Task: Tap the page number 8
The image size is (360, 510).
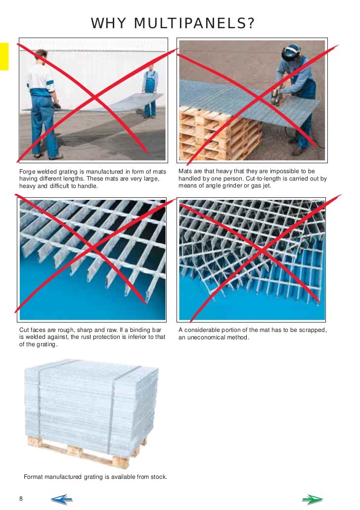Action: [x=21, y=498]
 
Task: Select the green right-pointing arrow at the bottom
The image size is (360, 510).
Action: [x=312, y=499]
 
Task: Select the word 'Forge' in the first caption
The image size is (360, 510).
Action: [x=28, y=171]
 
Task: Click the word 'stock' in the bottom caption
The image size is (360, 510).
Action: [x=158, y=477]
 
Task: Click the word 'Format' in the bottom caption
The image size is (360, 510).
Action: [x=34, y=477]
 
